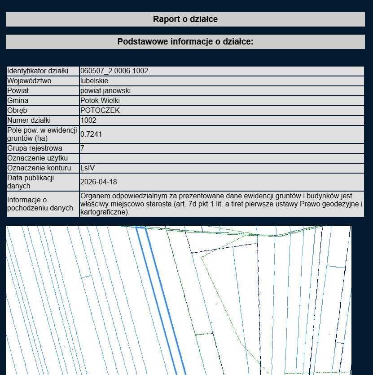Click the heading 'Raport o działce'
(x=185, y=19)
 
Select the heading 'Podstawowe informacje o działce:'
(x=185, y=42)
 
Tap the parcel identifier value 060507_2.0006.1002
(x=114, y=71)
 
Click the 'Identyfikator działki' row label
(x=38, y=71)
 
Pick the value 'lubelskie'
(x=94, y=81)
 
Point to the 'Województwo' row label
(x=29, y=81)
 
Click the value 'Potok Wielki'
(x=100, y=101)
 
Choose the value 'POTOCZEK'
(x=100, y=111)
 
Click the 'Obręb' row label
(x=18, y=111)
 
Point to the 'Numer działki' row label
(x=29, y=121)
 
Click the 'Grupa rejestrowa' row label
(x=35, y=148)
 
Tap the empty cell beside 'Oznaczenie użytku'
(x=221, y=158)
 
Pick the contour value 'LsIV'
(x=88, y=168)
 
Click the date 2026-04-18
(x=98, y=182)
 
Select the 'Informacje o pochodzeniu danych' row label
(x=40, y=204)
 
